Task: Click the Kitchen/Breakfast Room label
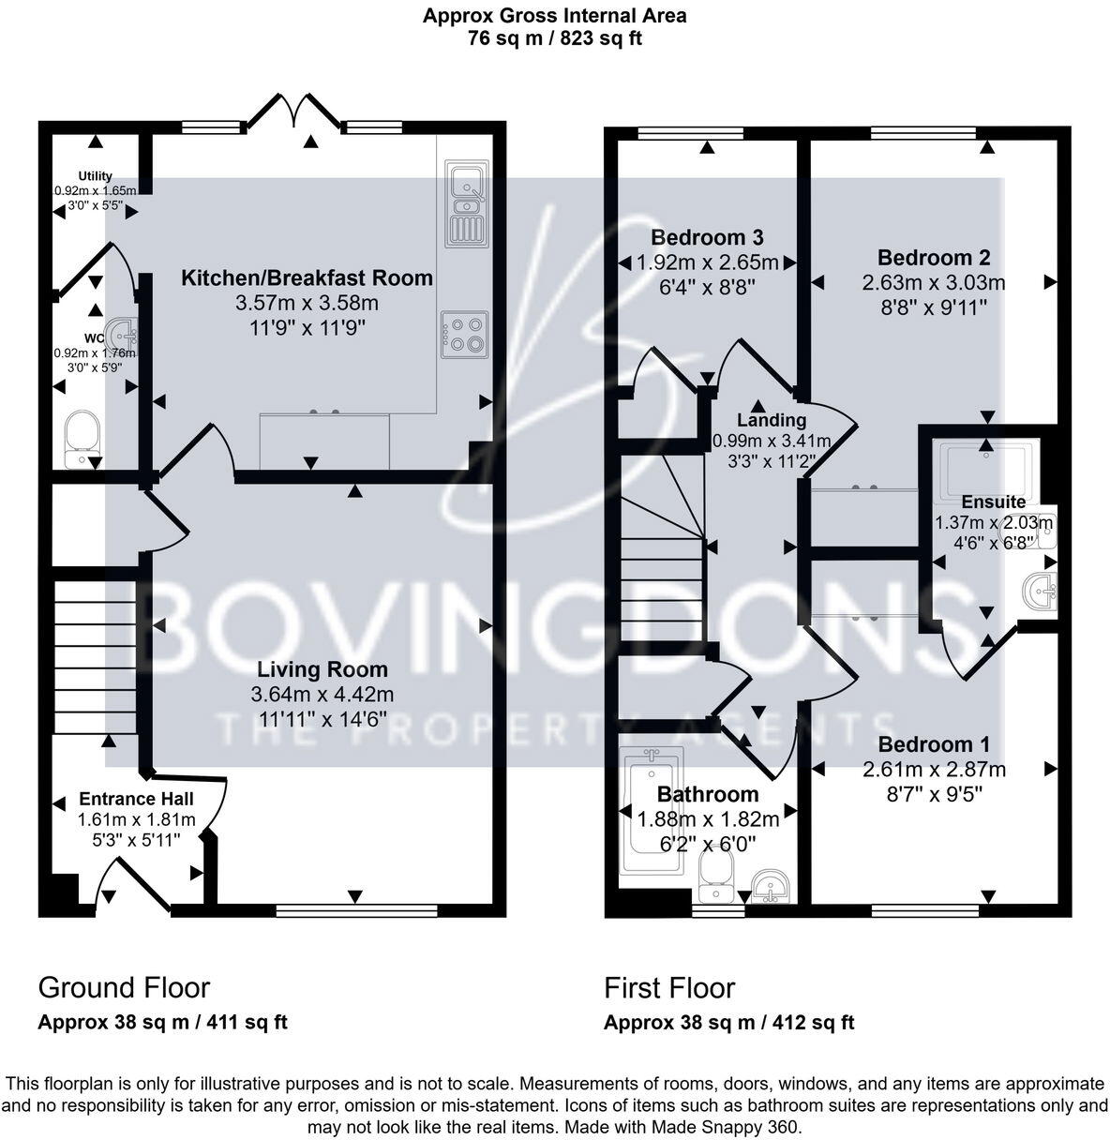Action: tap(307, 277)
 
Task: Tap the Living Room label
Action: tap(322, 669)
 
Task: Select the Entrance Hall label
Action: tap(136, 799)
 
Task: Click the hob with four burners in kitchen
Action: tap(464, 334)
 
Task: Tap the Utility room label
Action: tap(95, 176)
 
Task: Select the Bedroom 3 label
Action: tap(707, 237)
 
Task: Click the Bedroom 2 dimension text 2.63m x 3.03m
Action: tap(934, 282)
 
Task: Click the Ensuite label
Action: tap(993, 502)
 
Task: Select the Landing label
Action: tap(771, 420)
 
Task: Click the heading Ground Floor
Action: tap(124, 987)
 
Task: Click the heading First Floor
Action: tap(669, 987)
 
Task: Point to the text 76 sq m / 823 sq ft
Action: tap(554, 38)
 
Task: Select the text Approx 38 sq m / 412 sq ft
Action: tap(728, 1023)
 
